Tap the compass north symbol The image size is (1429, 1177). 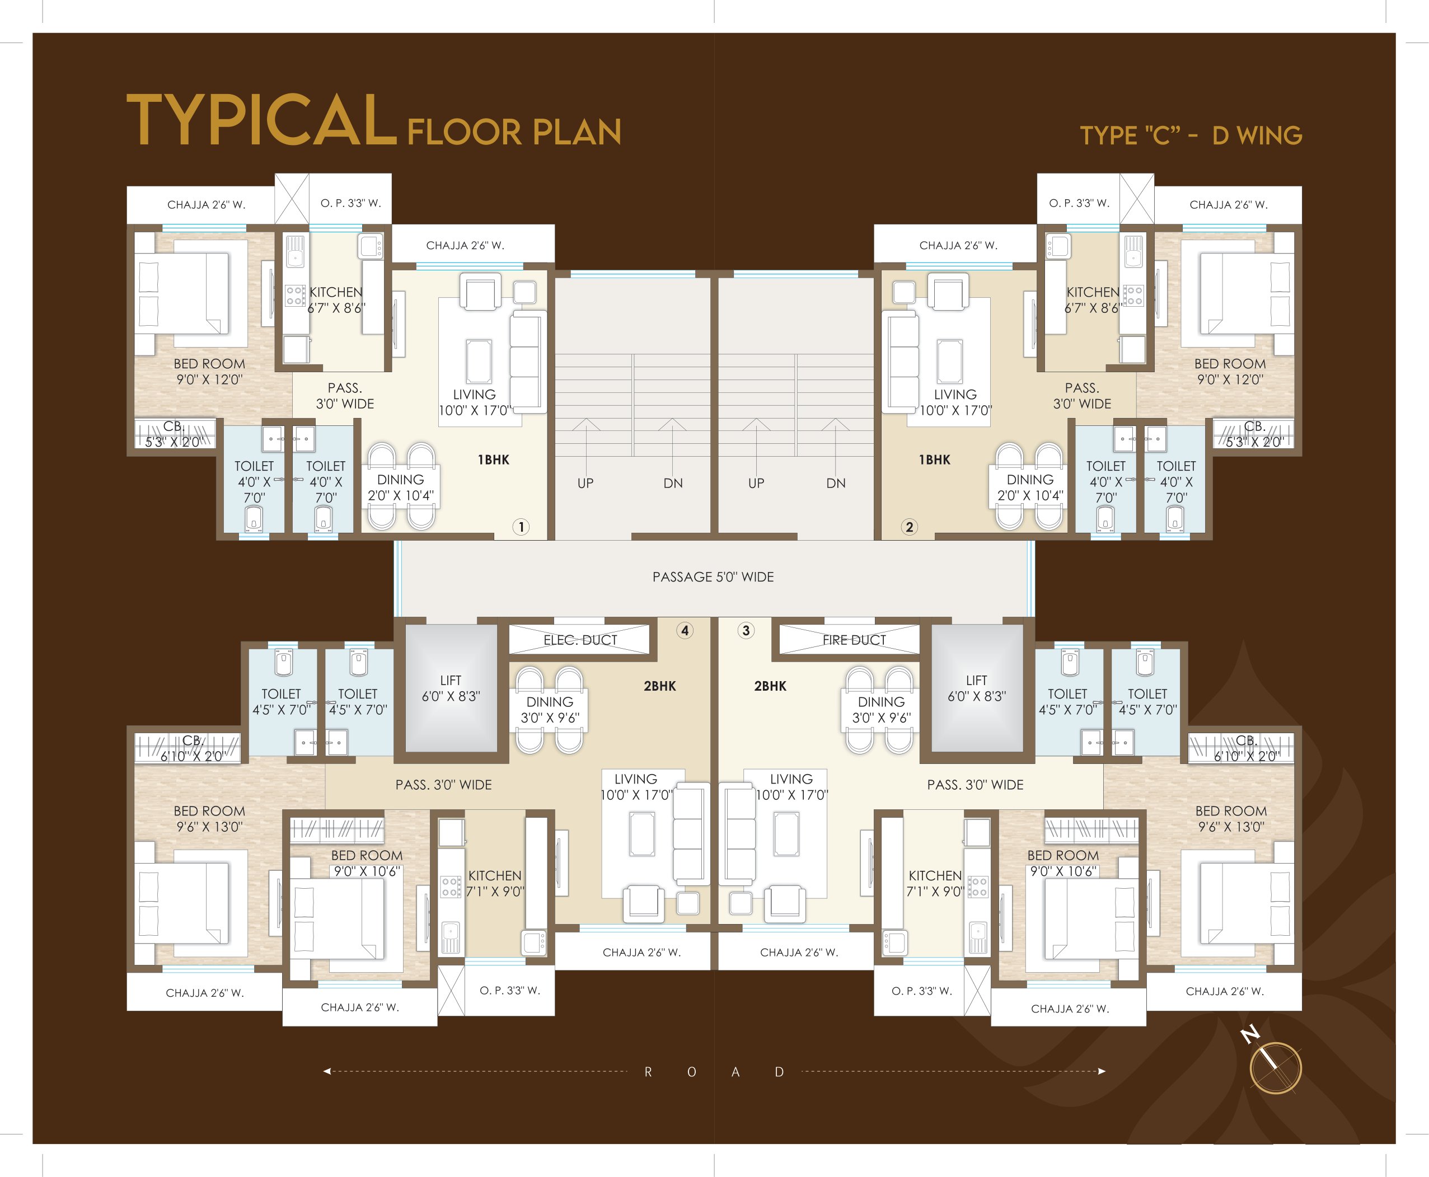(x=1275, y=1067)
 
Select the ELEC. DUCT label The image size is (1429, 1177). (x=580, y=640)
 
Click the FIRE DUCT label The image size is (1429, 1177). (x=854, y=640)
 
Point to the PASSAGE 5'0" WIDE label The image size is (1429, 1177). (x=713, y=577)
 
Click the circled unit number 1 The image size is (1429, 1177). (x=521, y=527)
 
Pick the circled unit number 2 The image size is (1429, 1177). (x=910, y=527)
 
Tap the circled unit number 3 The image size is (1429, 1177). (x=746, y=631)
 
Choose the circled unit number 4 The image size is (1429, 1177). (x=685, y=631)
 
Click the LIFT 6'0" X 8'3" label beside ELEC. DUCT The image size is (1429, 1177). (x=451, y=688)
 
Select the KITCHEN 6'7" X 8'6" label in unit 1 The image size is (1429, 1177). (x=336, y=299)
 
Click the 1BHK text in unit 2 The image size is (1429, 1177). (x=935, y=459)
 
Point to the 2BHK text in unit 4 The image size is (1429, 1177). (x=659, y=686)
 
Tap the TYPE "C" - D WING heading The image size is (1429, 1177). (x=1191, y=135)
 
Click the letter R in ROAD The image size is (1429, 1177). (x=648, y=1072)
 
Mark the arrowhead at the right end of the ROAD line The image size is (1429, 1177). (x=1102, y=1071)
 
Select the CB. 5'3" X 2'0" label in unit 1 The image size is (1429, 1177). (x=174, y=434)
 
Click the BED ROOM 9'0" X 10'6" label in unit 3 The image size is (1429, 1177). (x=1062, y=863)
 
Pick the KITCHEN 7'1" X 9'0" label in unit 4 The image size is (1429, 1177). (x=495, y=883)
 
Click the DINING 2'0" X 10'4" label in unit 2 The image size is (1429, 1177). (x=1030, y=487)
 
